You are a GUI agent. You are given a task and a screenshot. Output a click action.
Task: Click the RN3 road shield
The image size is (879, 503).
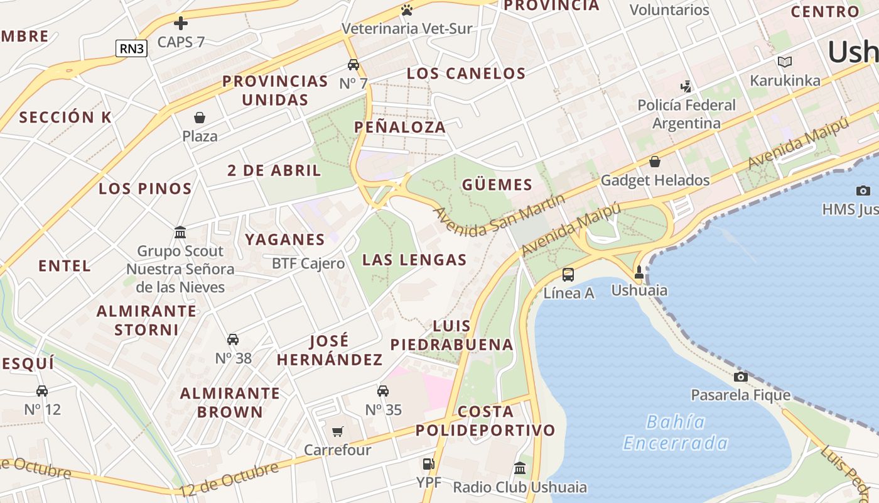131,48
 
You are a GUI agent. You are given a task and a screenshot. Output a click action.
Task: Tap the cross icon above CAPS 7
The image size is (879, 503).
181,24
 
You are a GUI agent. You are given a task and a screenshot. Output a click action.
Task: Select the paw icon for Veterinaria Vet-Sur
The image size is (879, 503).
407,10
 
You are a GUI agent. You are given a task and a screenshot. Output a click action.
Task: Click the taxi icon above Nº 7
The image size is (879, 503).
353,65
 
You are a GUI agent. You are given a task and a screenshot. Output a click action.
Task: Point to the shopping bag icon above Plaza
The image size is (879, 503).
200,118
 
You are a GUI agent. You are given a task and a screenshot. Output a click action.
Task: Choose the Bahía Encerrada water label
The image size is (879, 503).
676,433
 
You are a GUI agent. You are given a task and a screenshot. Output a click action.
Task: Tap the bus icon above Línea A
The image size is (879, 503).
568,274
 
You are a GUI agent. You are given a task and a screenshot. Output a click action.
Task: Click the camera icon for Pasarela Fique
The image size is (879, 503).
741,377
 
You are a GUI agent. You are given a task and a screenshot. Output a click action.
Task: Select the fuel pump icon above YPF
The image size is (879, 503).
428,464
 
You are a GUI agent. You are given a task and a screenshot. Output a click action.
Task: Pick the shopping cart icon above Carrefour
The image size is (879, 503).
338,431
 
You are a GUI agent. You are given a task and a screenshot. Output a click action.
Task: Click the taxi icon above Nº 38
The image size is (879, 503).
233,340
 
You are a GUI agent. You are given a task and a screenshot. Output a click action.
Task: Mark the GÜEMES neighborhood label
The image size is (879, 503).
497,185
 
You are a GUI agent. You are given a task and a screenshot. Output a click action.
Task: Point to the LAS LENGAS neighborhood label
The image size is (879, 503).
414,260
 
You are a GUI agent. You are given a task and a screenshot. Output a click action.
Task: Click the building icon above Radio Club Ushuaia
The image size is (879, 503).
520,468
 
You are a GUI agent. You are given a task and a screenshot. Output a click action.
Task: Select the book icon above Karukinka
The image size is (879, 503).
785,62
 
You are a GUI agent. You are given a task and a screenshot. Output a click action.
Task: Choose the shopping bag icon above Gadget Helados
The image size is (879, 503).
655,162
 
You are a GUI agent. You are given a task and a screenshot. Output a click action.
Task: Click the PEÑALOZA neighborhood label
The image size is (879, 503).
400,127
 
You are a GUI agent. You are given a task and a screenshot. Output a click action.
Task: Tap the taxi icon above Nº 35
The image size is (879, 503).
383,391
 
